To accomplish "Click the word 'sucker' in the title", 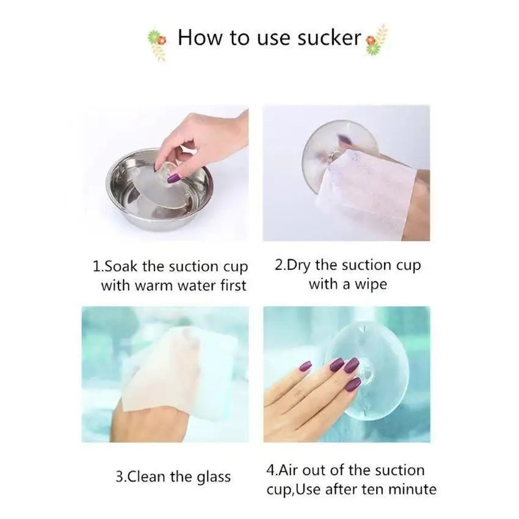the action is (x=329, y=38).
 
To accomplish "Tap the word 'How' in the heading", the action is (x=200, y=38).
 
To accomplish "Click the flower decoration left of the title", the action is (x=157, y=45).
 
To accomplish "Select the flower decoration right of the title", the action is (x=376, y=40).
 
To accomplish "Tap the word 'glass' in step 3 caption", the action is (x=214, y=478).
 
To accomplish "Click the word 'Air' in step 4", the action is (x=289, y=470).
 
